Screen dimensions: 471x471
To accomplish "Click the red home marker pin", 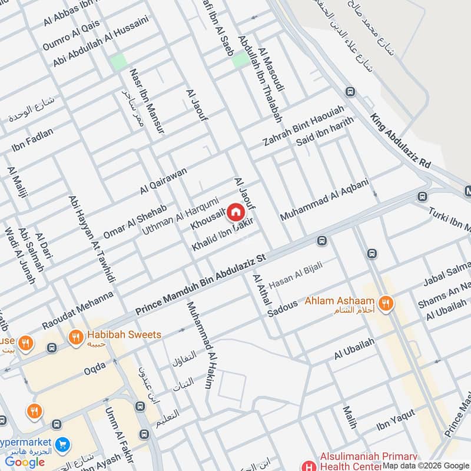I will click(x=235, y=212).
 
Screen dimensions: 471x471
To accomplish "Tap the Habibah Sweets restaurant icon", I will click(x=75, y=337).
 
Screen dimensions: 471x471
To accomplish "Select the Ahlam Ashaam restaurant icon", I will click(x=386, y=303).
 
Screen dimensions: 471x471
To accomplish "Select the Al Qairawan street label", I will click(x=163, y=181).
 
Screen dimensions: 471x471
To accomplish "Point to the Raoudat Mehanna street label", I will click(x=77, y=311).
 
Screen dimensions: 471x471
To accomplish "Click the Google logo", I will click(x=25, y=462).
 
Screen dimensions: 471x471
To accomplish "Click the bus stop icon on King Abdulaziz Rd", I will click(x=350, y=92).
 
